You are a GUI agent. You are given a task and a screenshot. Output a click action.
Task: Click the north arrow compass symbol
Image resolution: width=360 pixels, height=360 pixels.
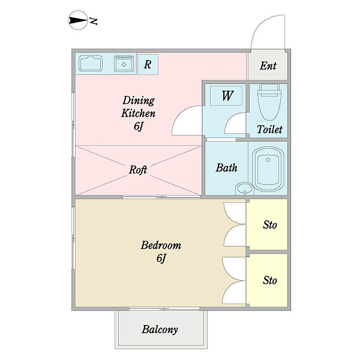78,20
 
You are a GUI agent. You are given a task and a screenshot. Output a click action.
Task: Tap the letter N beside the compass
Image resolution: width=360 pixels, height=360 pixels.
93,21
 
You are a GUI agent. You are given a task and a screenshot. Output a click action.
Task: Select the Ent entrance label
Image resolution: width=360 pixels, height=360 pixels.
268,66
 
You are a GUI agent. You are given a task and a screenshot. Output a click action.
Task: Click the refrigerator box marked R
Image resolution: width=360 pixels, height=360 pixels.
148,64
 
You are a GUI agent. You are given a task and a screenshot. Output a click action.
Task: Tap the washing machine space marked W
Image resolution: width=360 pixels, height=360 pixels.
226,96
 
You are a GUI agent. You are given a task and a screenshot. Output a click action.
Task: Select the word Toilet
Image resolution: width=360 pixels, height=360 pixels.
269,130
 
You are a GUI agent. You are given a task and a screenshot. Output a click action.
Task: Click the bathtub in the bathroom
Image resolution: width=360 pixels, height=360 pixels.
268,169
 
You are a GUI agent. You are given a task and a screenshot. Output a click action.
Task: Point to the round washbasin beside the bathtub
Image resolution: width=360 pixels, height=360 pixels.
244,189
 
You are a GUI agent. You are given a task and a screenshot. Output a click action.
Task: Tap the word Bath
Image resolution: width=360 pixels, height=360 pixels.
226,168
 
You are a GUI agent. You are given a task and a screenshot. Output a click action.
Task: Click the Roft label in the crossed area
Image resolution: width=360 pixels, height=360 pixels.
138,170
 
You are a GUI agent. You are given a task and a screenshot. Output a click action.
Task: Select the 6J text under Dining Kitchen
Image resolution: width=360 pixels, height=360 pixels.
138,127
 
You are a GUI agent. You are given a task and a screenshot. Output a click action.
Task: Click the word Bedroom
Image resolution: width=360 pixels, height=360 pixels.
160,245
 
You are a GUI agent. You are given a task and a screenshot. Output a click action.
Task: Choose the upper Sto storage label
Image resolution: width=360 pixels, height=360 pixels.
270,225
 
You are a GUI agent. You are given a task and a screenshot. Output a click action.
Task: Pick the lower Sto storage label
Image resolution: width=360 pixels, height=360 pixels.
270,280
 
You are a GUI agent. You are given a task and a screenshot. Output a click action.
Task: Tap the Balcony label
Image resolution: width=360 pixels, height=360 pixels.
160,330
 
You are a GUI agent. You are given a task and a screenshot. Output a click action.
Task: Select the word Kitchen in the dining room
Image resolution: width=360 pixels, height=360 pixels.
138,114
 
